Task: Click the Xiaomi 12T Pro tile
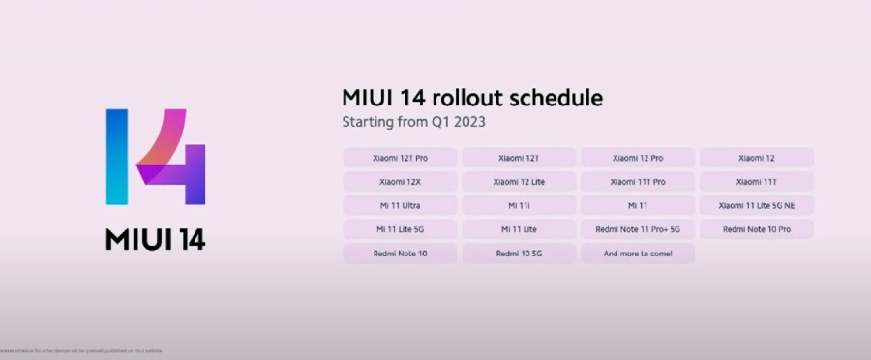(400, 157)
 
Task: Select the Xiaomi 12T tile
(519, 157)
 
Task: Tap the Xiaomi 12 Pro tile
(638, 157)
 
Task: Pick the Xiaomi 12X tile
(400, 181)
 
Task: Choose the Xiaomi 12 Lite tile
(519, 181)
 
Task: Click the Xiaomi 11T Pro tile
(638, 181)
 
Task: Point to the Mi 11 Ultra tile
(400, 205)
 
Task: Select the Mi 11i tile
(519, 205)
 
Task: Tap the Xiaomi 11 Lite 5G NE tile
(756, 205)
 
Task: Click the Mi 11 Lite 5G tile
(400, 229)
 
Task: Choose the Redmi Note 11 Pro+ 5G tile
(638, 229)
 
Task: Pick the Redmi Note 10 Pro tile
(756, 229)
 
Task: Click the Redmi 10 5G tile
(519, 254)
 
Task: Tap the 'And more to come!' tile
(638, 254)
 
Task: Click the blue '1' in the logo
(116, 157)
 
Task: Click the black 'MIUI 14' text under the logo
(155, 239)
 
